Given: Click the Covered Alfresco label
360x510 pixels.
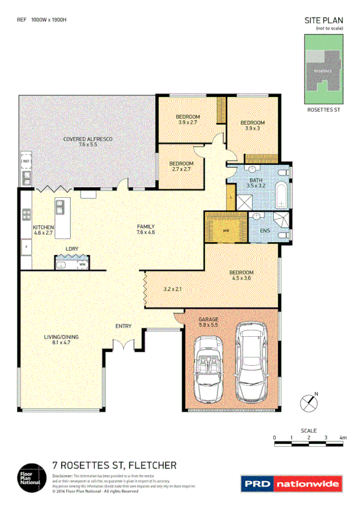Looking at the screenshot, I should [x=88, y=142].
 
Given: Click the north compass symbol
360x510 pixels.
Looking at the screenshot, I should [x=310, y=401].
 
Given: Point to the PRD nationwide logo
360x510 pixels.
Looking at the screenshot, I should [x=291, y=483].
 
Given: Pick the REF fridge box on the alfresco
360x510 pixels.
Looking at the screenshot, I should [x=26, y=161].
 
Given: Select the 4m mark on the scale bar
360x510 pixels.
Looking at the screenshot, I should [x=343, y=437].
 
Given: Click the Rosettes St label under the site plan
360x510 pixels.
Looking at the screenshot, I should [x=324, y=110].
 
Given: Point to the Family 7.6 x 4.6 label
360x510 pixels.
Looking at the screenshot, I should [x=146, y=229].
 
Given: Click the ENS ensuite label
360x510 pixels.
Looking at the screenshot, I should [x=264, y=230].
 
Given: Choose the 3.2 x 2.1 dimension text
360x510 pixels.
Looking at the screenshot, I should [x=173, y=289].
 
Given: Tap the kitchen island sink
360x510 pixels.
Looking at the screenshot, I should [x=60, y=207].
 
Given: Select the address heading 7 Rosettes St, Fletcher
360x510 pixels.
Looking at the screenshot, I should [x=114, y=465].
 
